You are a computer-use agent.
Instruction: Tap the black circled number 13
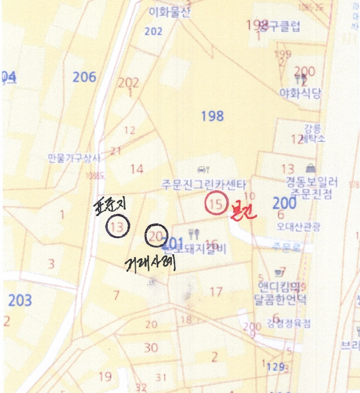click(x=118, y=227)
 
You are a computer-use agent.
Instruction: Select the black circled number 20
click(x=156, y=237)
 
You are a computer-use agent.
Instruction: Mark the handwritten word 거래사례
click(x=150, y=262)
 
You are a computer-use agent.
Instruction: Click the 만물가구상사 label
click(x=74, y=159)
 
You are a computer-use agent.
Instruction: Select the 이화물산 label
click(x=170, y=12)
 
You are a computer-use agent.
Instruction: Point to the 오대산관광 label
click(x=298, y=226)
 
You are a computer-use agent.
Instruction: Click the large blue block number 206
click(x=84, y=77)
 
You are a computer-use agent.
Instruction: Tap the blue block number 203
click(x=20, y=300)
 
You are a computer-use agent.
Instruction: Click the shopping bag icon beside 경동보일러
click(x=310, y=167)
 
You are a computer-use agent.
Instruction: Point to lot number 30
click(x=151, y=348)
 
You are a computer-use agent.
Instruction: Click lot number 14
click(x=136, y=168)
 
